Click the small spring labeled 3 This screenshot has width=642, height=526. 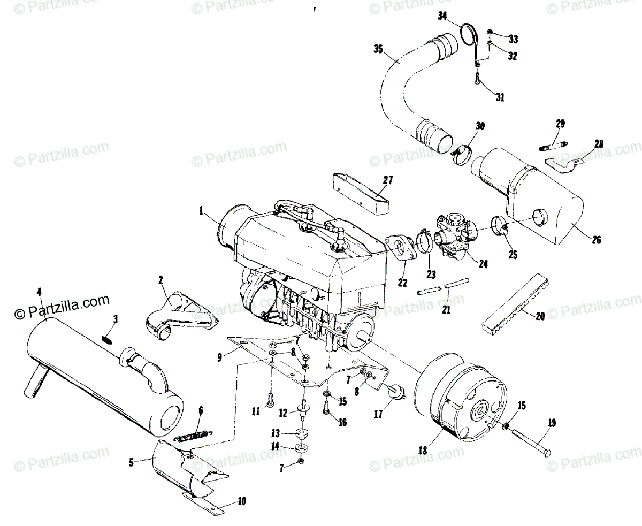click(107, 338)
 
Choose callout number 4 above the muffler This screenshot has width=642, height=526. click(39, 292)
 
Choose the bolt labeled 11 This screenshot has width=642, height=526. click(271, 399)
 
